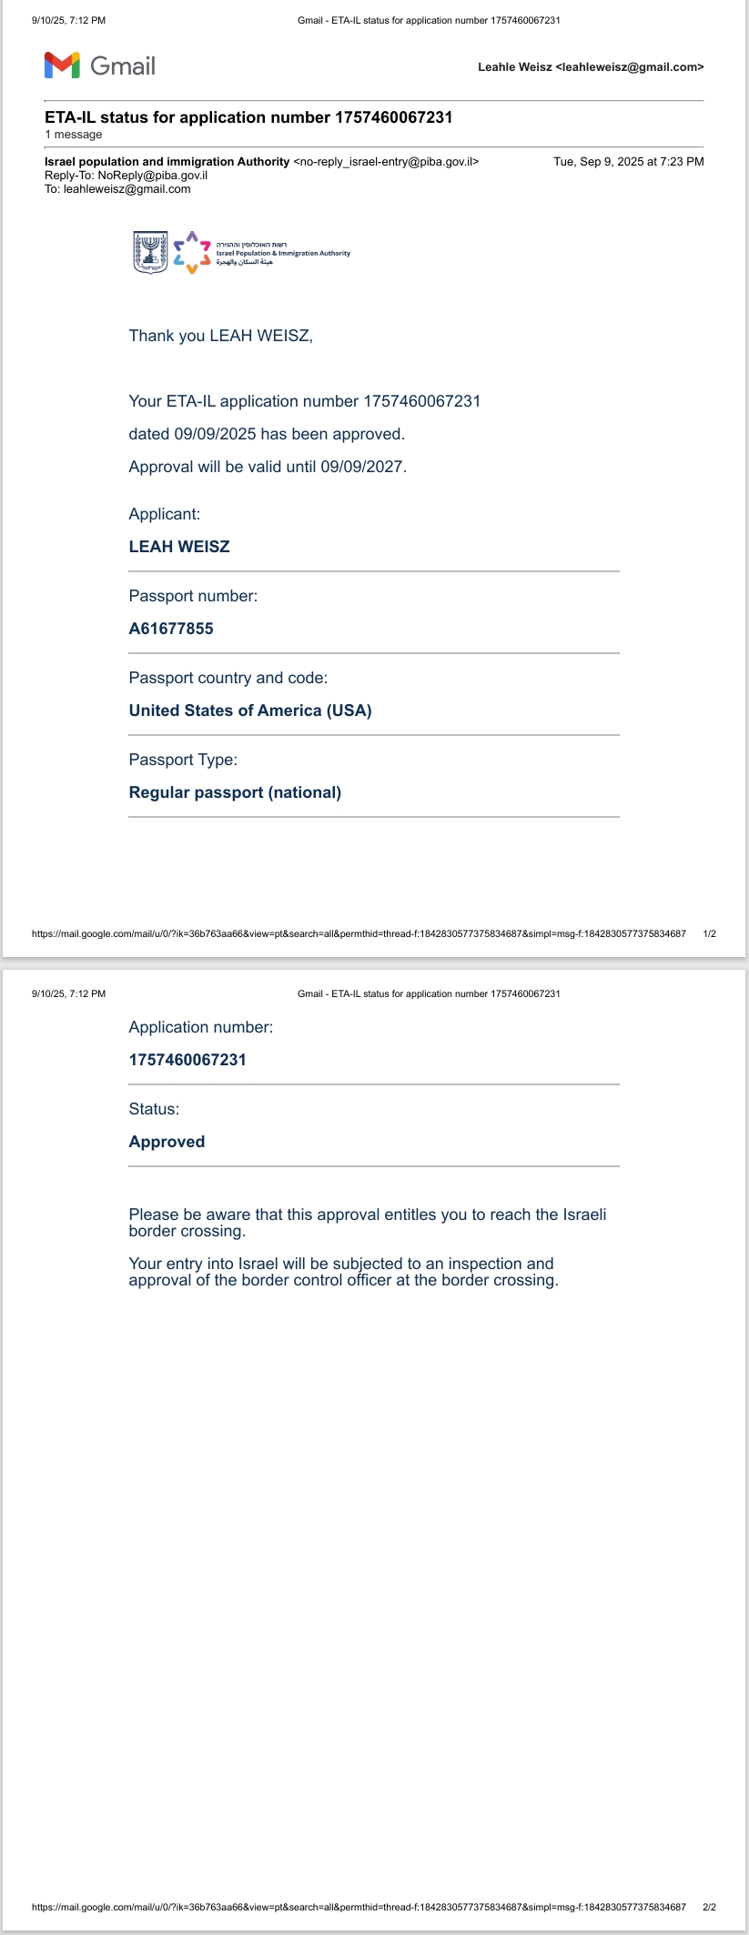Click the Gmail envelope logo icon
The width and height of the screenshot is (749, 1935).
[62, 66]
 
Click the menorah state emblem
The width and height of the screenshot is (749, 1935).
[150, 253]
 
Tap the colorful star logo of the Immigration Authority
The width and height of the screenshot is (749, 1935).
[192, 253]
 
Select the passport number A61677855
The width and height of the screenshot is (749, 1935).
[171, 629]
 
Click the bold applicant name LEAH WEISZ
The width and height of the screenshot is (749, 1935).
[179, 547]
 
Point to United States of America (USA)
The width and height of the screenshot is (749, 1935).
[250, 711]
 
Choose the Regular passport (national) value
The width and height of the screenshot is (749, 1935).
[235, 792]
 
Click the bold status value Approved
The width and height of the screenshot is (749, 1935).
[167, 1142]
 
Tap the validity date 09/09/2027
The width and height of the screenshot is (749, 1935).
[362, 467]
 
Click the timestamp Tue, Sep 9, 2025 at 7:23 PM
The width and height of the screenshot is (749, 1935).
[628, 162]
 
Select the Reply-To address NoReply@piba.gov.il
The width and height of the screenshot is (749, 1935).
[153, 176]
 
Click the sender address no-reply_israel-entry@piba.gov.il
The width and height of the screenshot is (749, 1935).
[386, 162]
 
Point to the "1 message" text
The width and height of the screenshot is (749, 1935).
[74, 135]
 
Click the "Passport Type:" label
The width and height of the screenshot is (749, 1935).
[183, 760]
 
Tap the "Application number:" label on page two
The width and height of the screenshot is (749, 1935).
[200, 1027]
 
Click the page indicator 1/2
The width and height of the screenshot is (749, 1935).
[710, 933]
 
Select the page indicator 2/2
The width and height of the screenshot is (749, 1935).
[710, 1907]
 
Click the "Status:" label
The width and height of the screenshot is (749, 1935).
[154, 1109]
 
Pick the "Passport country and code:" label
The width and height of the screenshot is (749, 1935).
[228, 678]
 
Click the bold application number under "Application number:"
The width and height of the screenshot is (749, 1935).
[187, 1060]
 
